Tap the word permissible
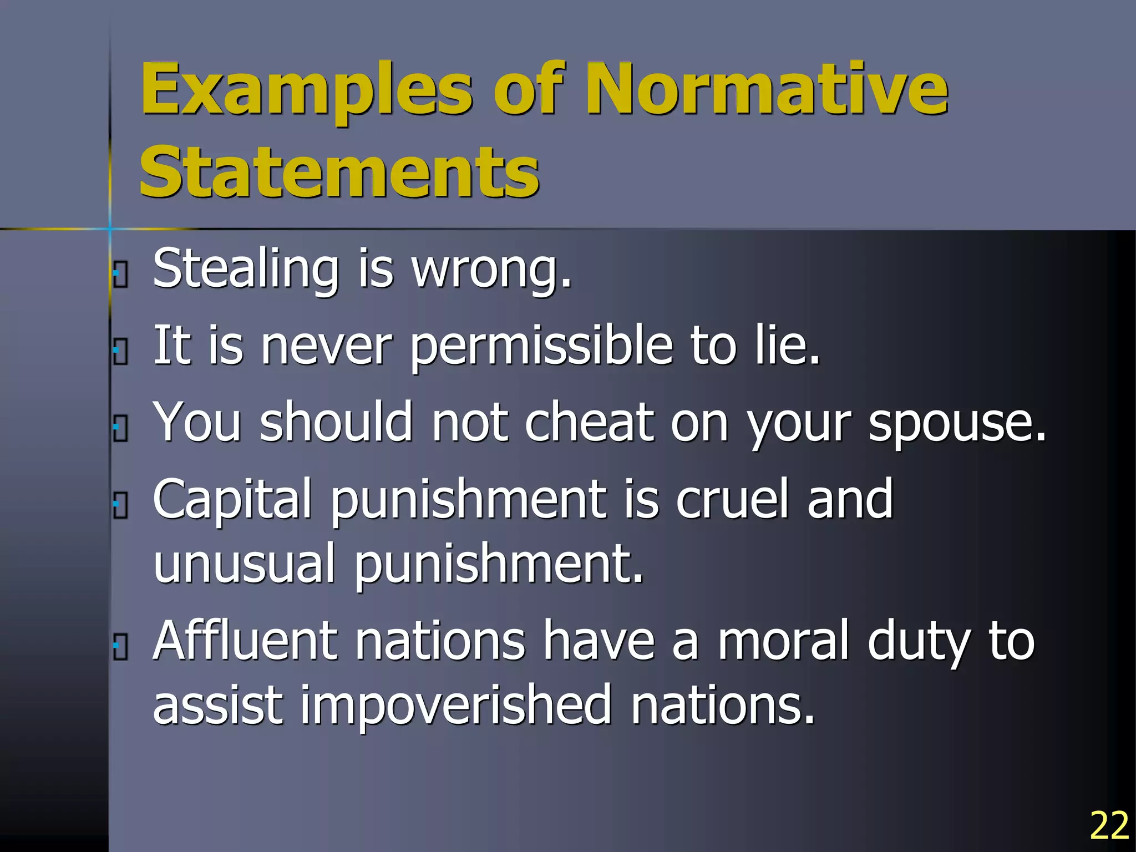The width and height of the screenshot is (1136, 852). point(541,347)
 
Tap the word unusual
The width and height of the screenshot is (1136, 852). point(244,564)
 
